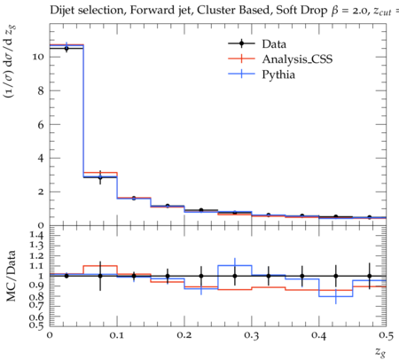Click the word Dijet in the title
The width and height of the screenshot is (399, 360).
pyautogui.click(x=62, y=11)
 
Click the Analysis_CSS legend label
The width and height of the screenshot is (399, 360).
pyautogui.click(x=297, y=59)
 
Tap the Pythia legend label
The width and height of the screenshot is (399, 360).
pyautogui.click(x=278, y=74)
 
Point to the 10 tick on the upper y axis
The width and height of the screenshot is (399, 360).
pyautogui.click(x=38, y=57)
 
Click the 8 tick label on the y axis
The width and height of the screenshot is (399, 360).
pyautogui.click(x=41, y=90)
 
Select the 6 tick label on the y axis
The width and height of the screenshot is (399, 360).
pyautogui.click(x=41, y=124)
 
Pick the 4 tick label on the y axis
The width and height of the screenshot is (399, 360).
pyautogui.click(x=41, y=158)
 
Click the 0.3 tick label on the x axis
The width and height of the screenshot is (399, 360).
pyautogui.click(x=251, y=336)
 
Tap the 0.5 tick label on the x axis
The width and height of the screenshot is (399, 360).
pyautogui.click(x=386, y=336)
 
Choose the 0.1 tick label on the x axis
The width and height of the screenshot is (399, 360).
pyautogui.click(x=117, y=336)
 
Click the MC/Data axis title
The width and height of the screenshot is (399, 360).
pyautogui.click(x=12, y=276)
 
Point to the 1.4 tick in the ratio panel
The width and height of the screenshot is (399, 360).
pyautogui.click(x=37, y=236)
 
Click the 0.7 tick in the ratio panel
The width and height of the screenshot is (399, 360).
pyautogui.click(x=37, y=305)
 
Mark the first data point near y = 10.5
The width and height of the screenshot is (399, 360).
pyautogui.click(x=66, y=48)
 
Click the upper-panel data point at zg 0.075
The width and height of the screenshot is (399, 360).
pyautogui.click(x=100, y=177)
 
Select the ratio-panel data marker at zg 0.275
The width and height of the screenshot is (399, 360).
pyautogui.click(x=235, y=276)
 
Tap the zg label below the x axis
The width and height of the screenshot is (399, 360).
pyautogui.click(x=380, y=351)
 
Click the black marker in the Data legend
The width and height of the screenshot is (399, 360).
pyautogui.click(x=241, y=43)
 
